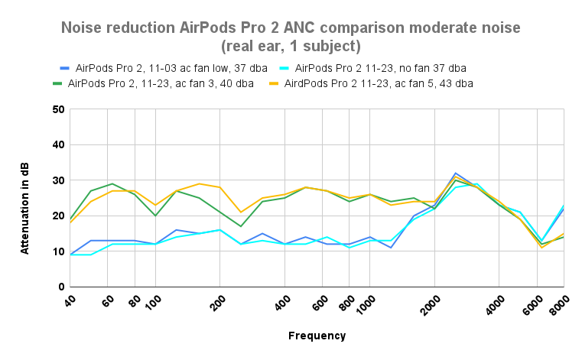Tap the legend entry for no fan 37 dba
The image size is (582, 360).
[379, 68]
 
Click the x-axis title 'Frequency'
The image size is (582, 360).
[317, 336]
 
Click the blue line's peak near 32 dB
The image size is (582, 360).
[456, 173]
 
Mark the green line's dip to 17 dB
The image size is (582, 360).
[242, 226]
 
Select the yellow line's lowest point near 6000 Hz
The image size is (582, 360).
[542, 248]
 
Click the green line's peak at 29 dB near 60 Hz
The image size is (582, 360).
[112, 183]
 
